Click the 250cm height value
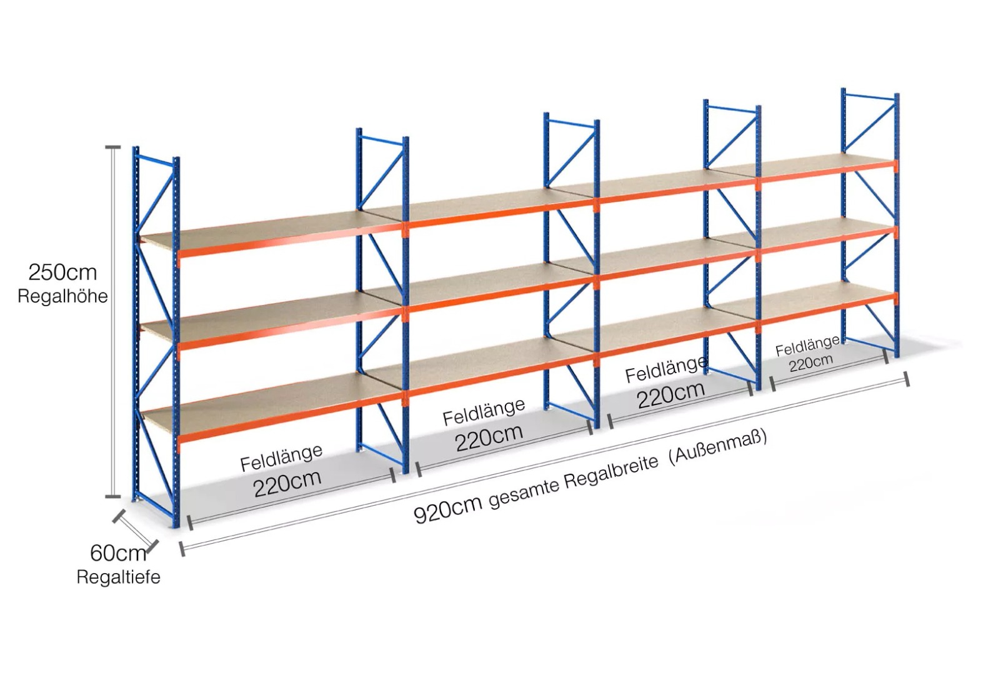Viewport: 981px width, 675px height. click(62, 272)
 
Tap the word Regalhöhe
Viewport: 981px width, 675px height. click(62, 296)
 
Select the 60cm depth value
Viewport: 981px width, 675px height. click(118, 553)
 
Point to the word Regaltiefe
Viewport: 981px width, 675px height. click(118, 577)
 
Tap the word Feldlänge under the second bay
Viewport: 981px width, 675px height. click(484, 412)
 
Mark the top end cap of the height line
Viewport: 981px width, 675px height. click(113, 147)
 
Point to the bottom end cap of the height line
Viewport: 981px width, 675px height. click(113, 497)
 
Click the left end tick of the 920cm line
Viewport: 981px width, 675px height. click(182, 549)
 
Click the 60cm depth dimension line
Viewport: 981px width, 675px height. click(134, 529)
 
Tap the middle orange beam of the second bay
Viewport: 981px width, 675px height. click(500, 297)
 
